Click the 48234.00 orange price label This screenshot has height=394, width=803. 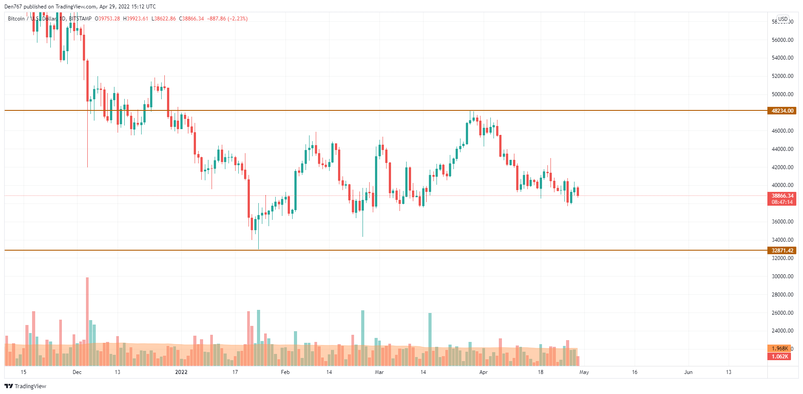point(782,111)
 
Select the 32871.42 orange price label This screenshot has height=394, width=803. point(782,251)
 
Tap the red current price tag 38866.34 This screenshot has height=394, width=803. point(782,196)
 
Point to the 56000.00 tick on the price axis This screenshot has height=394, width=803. point(782,40)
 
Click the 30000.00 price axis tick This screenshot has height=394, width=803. point(782,276)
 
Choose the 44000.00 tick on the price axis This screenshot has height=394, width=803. point(782,149)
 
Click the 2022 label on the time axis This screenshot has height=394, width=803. point(181,372)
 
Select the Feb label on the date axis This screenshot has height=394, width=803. point(285,372)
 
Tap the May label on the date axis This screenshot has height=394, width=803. point(584,372)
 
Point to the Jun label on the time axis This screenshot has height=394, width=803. point(688,372)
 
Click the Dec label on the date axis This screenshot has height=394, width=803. point(77,372)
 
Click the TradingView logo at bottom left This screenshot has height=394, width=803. point(25,386)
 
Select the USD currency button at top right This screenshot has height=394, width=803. point(783,19)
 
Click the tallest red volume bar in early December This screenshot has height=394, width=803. point(87,321)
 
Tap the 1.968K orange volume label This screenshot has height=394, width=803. point(779,349)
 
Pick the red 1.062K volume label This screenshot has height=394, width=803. point(779,357)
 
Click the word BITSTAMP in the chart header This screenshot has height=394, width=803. point(80,19)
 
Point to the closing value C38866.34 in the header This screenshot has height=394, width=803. point(192,19)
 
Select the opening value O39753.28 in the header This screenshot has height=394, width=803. point(107,19)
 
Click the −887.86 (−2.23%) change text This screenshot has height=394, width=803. point(227,19)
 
